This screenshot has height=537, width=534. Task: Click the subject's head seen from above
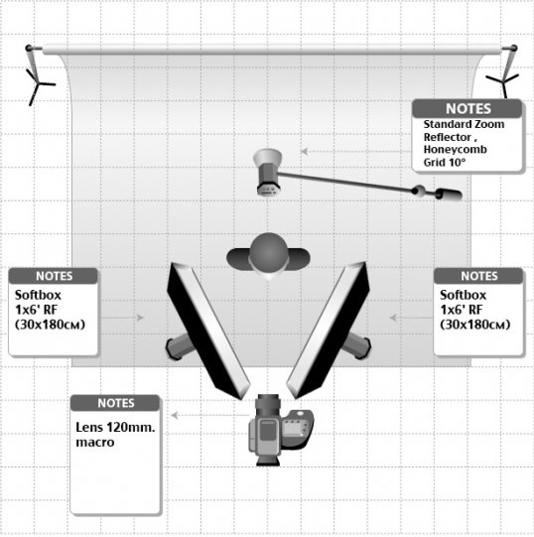tap(269, 253)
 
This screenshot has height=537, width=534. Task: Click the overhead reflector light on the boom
tap(268, 173)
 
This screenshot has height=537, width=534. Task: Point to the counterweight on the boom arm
tap(450, 195)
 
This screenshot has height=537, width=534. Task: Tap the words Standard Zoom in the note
tap(464, 124)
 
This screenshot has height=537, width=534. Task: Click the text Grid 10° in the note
tap(445, 163)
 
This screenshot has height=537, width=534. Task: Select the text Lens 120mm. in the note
tap(115, 428)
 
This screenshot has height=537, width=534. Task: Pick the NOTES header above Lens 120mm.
tap(116, 403)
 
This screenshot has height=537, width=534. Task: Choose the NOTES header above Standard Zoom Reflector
tap(468, 108)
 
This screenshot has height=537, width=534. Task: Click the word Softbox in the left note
tap(38, 295)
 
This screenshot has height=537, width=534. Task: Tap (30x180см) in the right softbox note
tap(475, 325)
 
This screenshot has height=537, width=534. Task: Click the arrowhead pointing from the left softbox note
tap(140, 318)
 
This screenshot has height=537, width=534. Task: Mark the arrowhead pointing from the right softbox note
tap(393, 318)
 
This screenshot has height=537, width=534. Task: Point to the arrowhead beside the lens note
tap(175, 415)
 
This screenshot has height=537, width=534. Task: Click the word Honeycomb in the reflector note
tap(455, 150)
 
